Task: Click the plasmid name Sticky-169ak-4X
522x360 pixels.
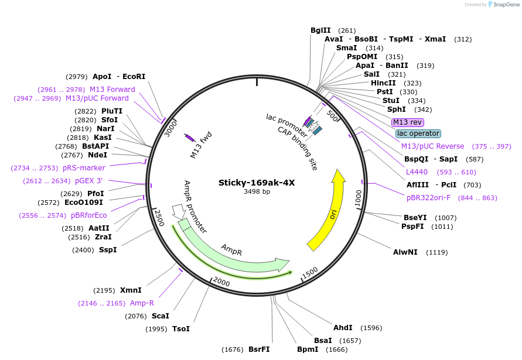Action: (x=257, y=182)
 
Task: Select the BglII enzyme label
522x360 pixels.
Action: (x=320, y=30)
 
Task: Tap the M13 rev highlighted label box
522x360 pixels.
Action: (x=408, y=122)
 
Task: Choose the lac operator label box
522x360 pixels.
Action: (x=418, y=133)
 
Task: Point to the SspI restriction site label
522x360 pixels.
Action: (x=107, y=250)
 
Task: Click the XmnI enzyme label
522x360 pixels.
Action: (x=131, y=290)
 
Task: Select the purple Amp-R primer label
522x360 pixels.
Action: (x=142, y=303)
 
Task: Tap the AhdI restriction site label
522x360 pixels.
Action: (x=343, y=328)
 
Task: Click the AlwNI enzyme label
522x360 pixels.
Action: (x=405, y=252)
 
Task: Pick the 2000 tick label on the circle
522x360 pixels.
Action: (x=222, y=282)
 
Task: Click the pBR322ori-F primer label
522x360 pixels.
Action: (x=429, y=198)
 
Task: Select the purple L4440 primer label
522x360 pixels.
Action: (x=417, y=172)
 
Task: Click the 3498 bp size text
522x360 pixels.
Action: (x=257, y=191)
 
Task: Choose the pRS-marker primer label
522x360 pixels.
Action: (x=84, y=168)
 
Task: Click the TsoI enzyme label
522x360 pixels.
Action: (x=180, y=329)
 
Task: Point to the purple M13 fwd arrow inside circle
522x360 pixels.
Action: (x=190, y=138)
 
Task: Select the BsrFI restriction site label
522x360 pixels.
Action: (x=259, y=349)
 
